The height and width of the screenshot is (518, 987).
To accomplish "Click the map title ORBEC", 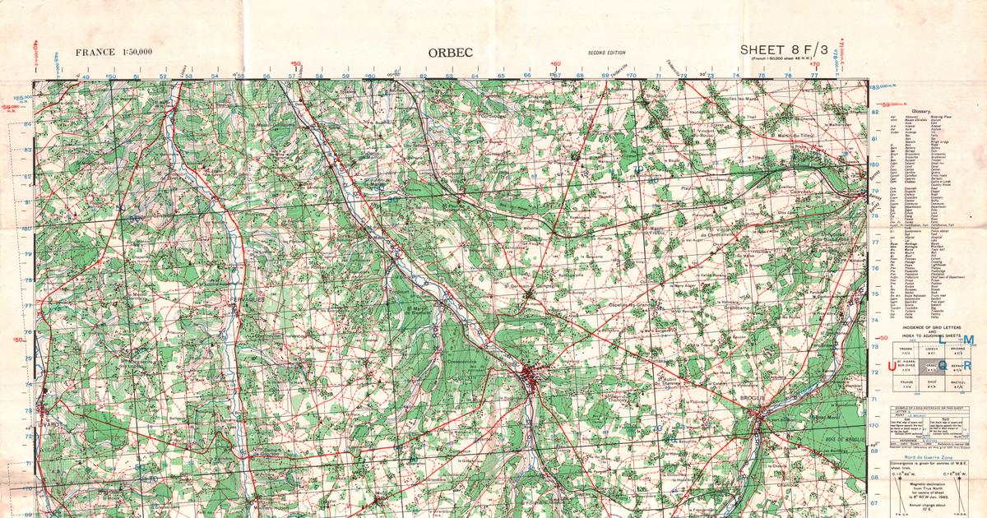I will pos(450,53).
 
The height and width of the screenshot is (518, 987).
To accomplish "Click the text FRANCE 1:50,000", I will pos(114,53).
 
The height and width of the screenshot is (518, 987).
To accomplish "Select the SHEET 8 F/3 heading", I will pos(785,50).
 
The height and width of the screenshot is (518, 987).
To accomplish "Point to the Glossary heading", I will pos(933,109).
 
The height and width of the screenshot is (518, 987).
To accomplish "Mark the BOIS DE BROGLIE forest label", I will pos(838,442).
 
